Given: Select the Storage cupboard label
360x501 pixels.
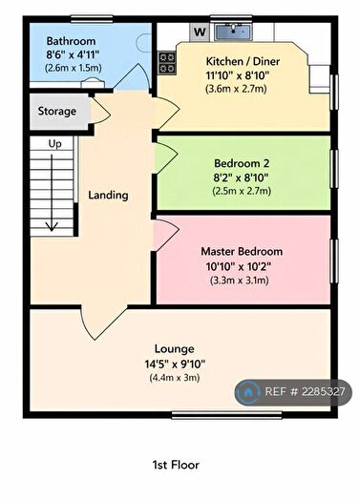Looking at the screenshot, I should click(x=57, y=112).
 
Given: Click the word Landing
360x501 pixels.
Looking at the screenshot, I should click(x=108, y=196).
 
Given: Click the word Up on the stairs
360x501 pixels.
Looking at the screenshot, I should click(x=55, y=143).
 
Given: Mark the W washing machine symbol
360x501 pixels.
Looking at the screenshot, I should click(x=200, y=31).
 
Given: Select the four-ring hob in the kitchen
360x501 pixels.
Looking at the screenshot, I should click(x=168, y=62).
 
